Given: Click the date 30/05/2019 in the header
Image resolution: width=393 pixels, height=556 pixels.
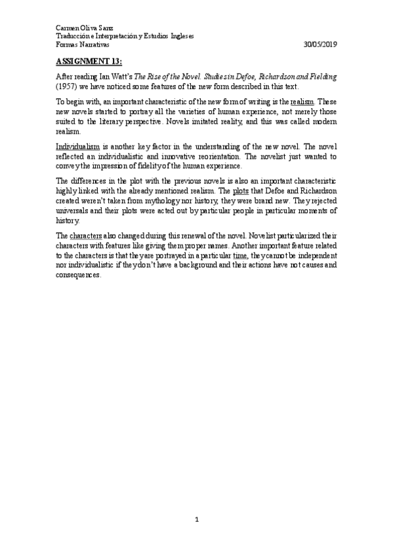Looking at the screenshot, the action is (x=321, y=45).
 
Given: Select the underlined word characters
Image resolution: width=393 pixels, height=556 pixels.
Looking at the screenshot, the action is (x=85, y=235).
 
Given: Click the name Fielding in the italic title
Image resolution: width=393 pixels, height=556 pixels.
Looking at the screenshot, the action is (x=322, y=77).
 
